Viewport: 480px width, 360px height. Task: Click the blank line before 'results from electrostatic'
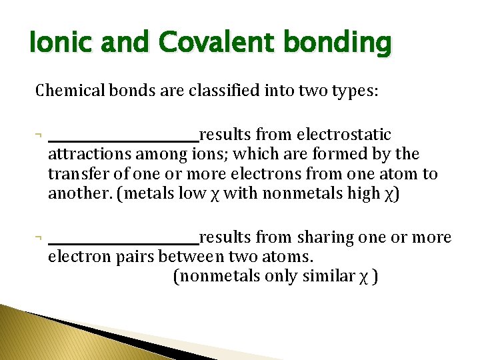123,139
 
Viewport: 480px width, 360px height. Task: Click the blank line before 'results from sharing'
123,241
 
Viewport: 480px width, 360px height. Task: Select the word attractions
89,155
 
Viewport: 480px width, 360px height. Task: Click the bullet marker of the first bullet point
39,135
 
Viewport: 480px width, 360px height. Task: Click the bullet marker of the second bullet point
39,238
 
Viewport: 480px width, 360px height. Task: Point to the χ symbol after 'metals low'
215,195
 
